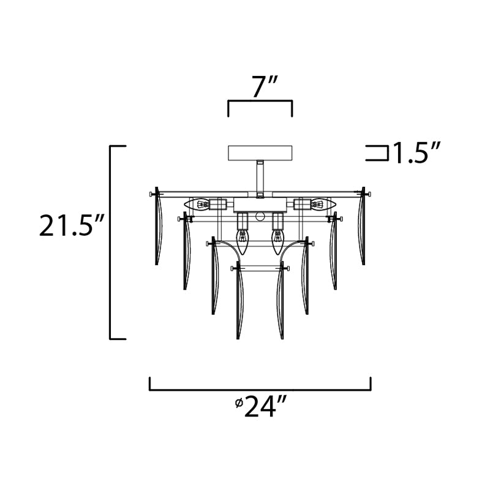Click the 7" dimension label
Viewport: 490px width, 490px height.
pyautogui.click(x=260, y=88)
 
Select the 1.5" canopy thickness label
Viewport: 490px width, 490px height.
pyautogui.click(x=417, y=153)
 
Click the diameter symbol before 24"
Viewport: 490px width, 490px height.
pyautogui.click(x=239, y=403)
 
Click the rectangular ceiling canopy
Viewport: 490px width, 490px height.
pyautogui.click(x=260, y=153)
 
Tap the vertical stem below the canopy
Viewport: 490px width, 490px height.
pyautogui.click(x=260, y=179)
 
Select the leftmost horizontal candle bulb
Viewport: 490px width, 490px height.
pyautogui.click(x=197, y=205)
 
